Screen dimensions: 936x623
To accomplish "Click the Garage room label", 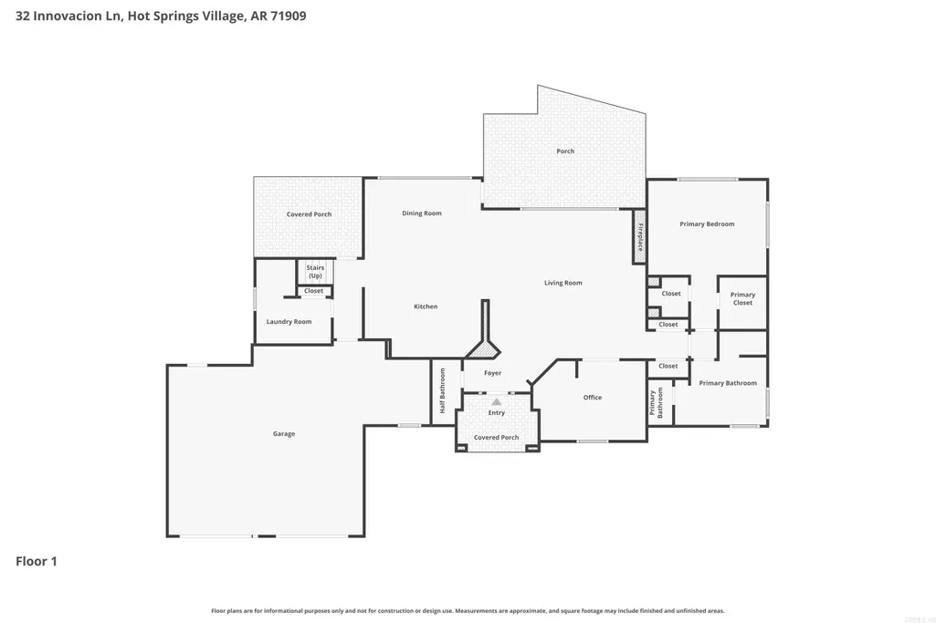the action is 284,434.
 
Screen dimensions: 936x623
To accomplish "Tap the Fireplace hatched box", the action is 639,236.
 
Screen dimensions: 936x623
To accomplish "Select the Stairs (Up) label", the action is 315,272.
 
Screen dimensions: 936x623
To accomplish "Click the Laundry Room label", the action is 289,322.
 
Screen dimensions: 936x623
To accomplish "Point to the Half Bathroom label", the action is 442,390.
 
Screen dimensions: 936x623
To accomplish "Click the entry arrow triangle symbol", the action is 496,402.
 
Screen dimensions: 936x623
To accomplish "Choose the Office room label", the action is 593,398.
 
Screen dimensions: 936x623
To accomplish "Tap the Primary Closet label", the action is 742,298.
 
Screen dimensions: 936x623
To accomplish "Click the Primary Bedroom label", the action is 707,224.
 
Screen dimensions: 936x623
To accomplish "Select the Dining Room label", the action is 422,213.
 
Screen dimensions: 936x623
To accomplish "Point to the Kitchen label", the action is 426,306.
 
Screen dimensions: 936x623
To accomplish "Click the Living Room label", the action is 563,283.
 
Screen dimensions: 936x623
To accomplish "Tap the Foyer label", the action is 492,373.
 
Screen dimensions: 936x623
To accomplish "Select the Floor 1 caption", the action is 37,561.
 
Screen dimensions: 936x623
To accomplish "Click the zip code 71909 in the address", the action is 289,16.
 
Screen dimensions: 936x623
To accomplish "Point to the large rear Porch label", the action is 565,151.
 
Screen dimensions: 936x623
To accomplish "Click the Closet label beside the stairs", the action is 313,291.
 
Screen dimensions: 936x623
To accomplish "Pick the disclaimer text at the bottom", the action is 468,610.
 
